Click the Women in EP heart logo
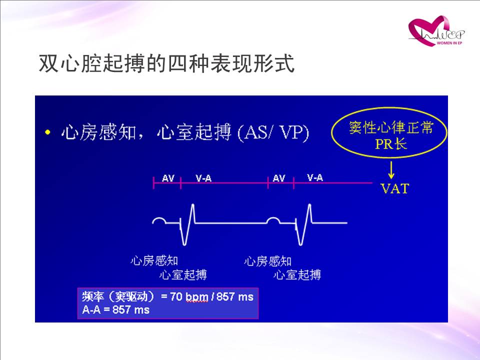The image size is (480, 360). tap(436, 31)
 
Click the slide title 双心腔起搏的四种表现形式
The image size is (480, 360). tap(167, 63)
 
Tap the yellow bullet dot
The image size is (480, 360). tap(47, 132)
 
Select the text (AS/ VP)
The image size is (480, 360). tap(273, 132)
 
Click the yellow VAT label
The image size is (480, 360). tap(394, 188)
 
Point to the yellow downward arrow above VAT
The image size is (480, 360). tap(391, 170)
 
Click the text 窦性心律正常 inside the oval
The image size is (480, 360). tap(391, 127)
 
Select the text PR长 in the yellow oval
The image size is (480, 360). tap(391, 143)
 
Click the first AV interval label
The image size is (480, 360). tap(168, 178)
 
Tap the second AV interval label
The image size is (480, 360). tap(279, 178)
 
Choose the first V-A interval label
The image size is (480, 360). tap(203, 178)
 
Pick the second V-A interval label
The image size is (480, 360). tap(315, 177)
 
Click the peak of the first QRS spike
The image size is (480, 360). tap(192, 204)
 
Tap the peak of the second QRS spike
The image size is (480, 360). tap(309, 204)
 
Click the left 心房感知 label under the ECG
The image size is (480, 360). tap(154, 261)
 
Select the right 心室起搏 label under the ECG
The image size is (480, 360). tap(297, 274)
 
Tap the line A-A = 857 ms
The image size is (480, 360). tap(115, 310)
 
